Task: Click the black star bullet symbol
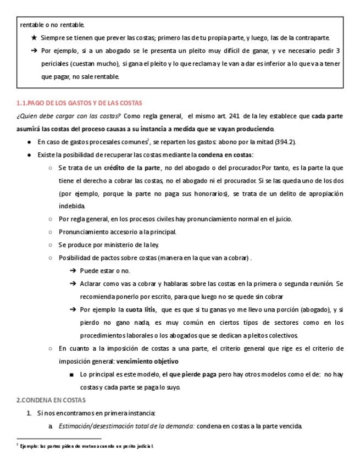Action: tap(34, 38)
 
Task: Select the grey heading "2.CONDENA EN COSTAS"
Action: tap(51, 400)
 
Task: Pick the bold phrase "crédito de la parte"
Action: tap(132, 168)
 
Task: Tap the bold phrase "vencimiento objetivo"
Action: tap(147, 361)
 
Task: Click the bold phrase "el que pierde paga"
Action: tap(187, 374)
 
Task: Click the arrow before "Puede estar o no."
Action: tap(73, 271)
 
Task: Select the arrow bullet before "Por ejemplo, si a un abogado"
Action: tap(34, 51)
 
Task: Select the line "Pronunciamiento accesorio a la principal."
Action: tap(117, 232)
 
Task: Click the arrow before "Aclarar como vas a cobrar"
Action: tap(73, 284)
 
